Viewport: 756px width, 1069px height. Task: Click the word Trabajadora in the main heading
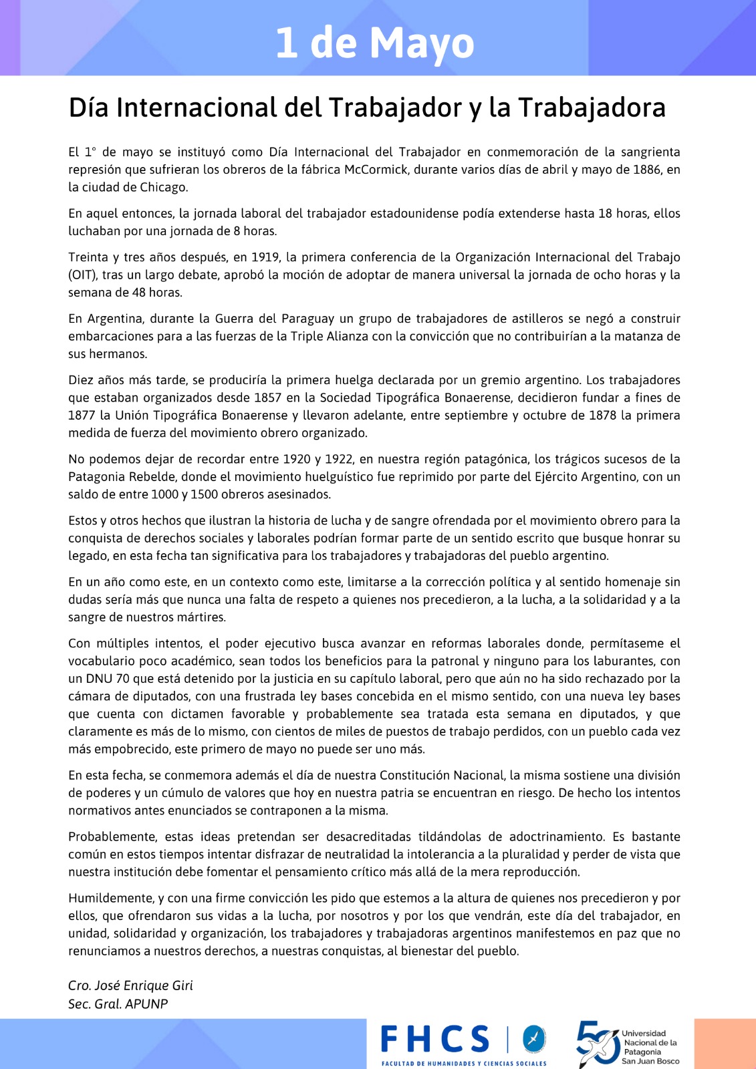coord(592,108)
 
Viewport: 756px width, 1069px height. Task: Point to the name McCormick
coord(376,170)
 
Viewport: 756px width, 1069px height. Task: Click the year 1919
coord(266,257)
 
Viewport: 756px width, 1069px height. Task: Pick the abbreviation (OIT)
coord(82,275)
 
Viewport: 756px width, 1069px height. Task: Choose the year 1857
coord(272,398)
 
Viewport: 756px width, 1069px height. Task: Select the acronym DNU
coord(98,679)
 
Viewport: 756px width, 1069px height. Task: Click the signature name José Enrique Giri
coord(143,985)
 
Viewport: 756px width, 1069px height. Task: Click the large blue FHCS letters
coord(435,1040)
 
